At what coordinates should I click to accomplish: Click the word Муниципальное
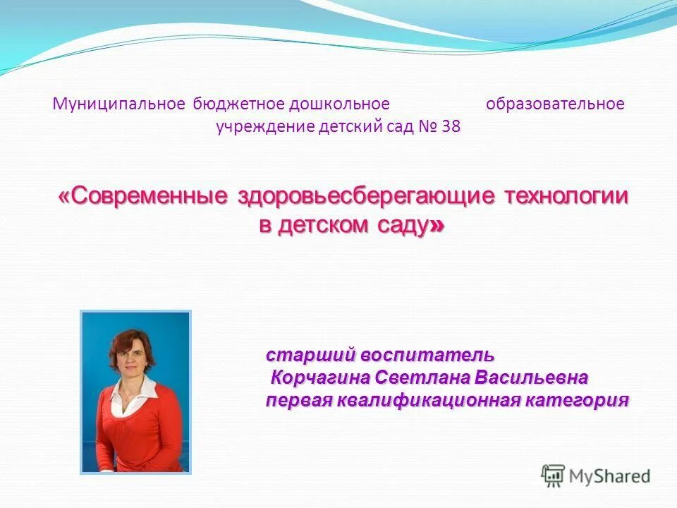118,104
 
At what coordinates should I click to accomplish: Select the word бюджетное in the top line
236,104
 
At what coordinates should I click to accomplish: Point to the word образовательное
555,104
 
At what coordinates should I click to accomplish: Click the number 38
451,128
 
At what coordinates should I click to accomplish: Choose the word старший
310,353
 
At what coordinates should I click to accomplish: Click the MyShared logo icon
554,476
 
